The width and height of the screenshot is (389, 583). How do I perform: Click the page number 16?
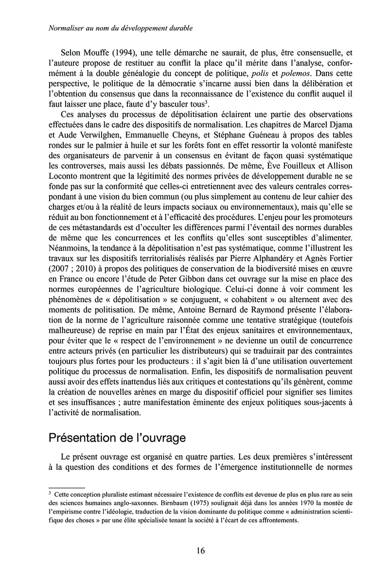(x=200, y=550)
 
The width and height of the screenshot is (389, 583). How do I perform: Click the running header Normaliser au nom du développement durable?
(x=122, y=29)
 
